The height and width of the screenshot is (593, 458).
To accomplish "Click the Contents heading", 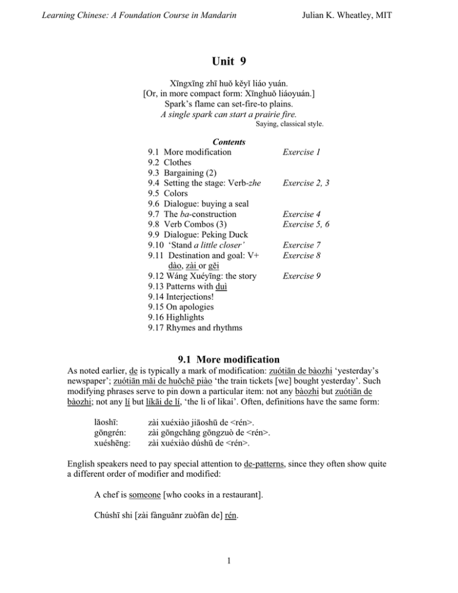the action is tap(229, 143).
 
